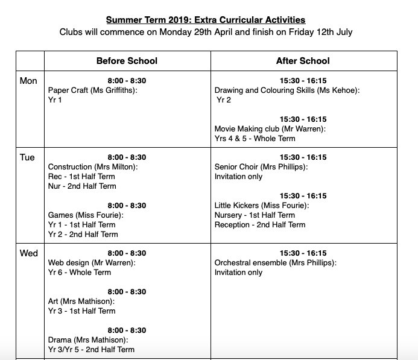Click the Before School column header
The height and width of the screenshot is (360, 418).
(127, 61)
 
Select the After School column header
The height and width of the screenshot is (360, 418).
(303, 61)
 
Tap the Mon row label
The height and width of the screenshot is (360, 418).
(28, 81)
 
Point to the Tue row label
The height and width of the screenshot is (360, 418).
(27, 157)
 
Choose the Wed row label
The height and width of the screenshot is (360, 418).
(29, 253)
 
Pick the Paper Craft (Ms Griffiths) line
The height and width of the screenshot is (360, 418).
(93, 90)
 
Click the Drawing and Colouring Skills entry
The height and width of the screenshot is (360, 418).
(287, 90)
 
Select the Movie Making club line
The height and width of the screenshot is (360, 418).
(270, 129)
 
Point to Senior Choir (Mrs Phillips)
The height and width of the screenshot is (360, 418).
(261, 167)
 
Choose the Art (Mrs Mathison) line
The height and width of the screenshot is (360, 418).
(81, 302)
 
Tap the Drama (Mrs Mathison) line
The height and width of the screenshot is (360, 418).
(87, 340)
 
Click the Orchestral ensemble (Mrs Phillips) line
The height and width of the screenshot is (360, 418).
(276, 263)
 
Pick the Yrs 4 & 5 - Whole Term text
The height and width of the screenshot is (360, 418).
(255, 139)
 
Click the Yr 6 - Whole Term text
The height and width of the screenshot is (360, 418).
(80, 273)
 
